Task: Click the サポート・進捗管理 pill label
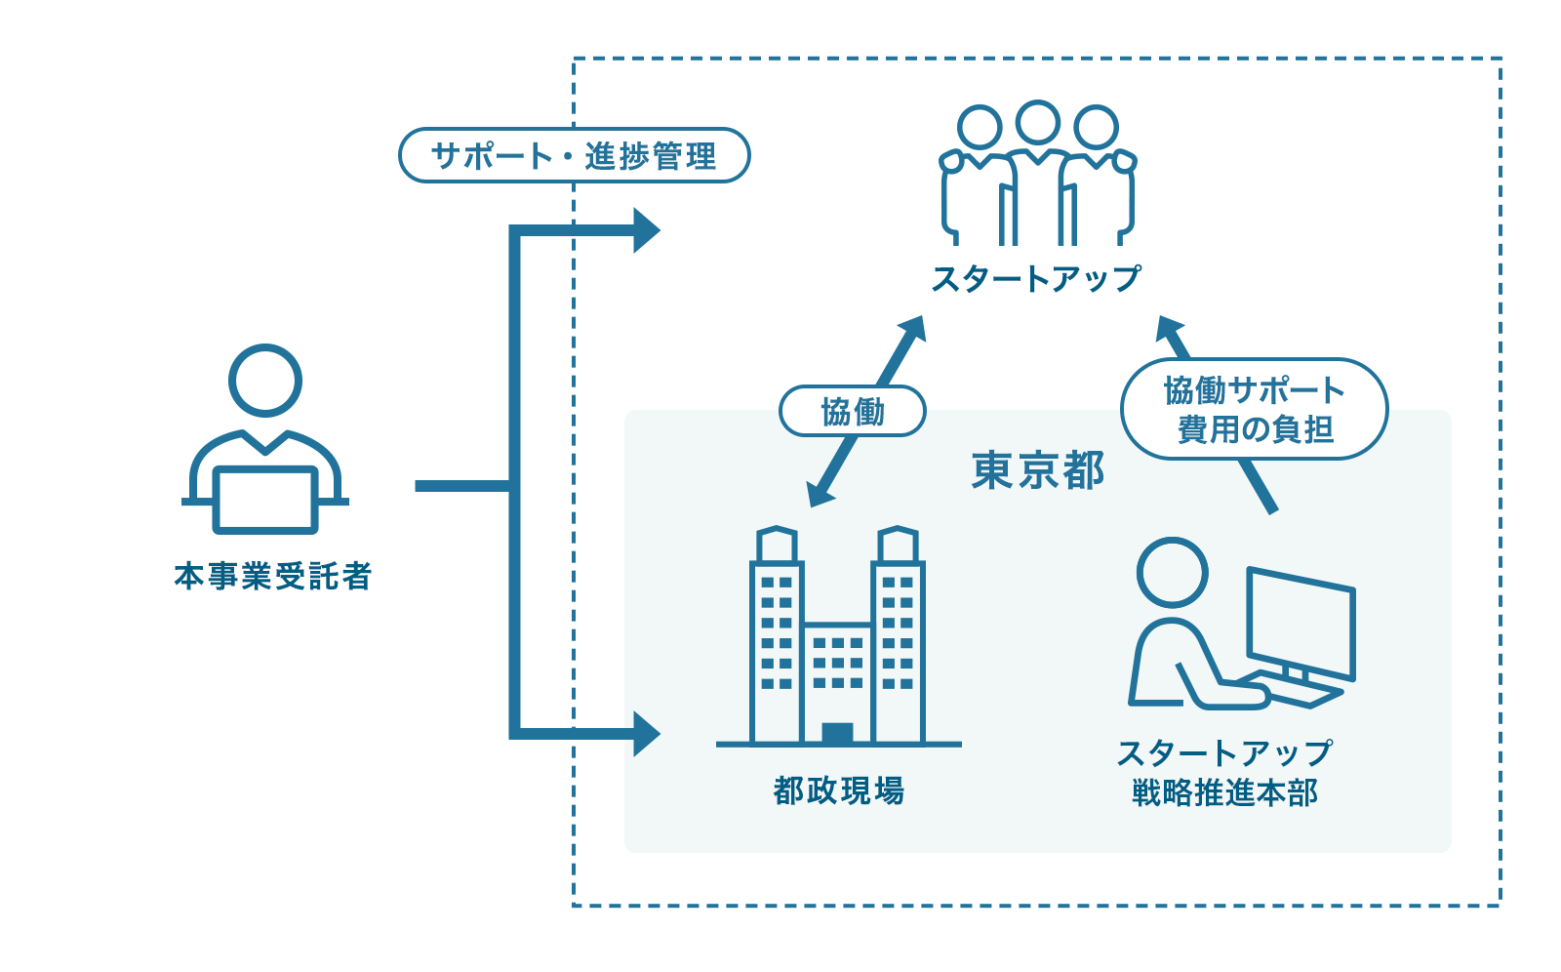(574, 155)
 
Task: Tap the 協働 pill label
(852, 411)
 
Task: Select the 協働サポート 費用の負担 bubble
(1254, 409)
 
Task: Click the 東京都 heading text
(1037, 470)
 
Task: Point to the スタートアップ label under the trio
(1035, 279)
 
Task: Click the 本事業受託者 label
(272, 576)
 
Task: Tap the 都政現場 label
(838, 790)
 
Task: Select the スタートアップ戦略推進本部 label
(1224, 772)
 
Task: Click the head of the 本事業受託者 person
(264, 381)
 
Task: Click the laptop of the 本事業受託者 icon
(265, 500)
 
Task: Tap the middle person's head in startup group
(1037, 123)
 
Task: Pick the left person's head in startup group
(980, 128)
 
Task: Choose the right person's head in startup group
(1096, 128)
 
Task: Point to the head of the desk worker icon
(1173, 572)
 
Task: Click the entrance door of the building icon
(837, 733)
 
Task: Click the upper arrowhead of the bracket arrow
(645, 230)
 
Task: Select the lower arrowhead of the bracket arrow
(645, 733)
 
